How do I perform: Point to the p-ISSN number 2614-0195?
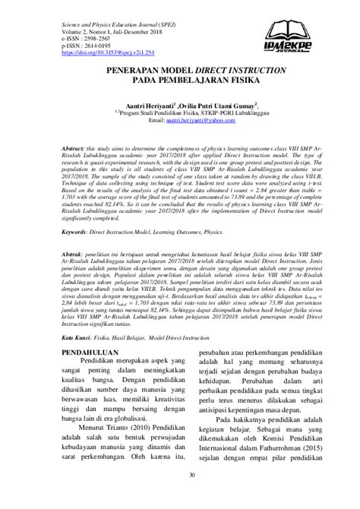tap(94, 46)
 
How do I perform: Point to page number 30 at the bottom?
tap(180, 497)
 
